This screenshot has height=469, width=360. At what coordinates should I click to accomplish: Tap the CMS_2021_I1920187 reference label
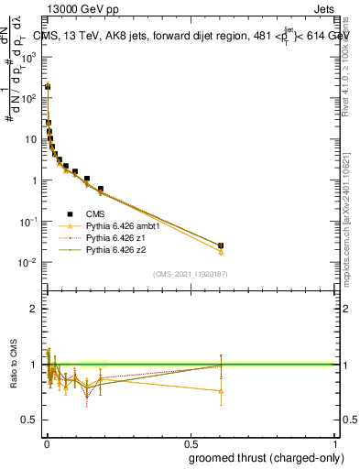click(x=190, y=274)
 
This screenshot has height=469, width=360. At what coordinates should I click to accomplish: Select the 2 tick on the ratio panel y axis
click(x=33, y=309)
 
